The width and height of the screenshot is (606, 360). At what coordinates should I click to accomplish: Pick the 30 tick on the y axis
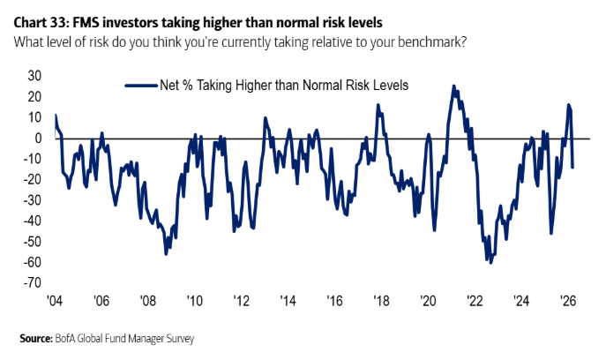coord(35,75)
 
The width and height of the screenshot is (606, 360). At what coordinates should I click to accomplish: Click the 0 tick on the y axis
coord(39,138)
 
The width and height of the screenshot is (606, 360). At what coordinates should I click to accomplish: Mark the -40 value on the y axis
coord(33,221)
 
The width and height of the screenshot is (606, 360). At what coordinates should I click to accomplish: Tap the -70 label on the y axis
coord(33,282)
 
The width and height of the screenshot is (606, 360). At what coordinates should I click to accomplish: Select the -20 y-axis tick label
coord(33,179)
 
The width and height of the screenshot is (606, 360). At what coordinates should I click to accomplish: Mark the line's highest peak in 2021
coord(453,86)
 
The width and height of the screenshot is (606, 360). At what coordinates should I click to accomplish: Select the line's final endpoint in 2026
coord(572,167)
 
